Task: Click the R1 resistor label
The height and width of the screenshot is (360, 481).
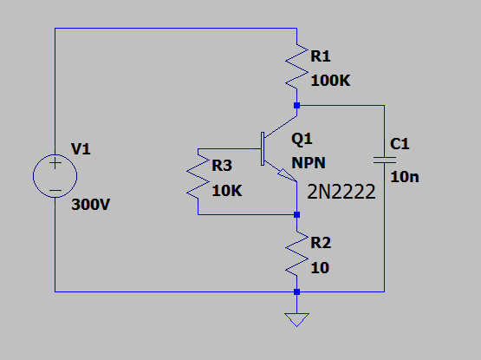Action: pyautogui.click(x=321, y=56)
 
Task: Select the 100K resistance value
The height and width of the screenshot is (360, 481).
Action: pyautogui.click(x=330, y=81)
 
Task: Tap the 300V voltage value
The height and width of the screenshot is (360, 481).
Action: pyautogui.click(x=90, y=205)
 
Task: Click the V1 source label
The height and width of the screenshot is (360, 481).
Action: pyautogui.click(x=81, y=149)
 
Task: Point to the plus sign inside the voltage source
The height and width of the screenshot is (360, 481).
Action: pyautogui.click(x=55, y=163)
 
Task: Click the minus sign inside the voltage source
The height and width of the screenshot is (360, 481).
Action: pyautogui.click(x=55, y=190)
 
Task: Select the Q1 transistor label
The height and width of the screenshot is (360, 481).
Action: pyautogui.click(x=302, y=139)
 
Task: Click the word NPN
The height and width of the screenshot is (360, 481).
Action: pyautogui.click(x=309, y=163)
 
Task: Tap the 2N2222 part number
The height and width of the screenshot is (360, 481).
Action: pyautogui.click(x=341, y=192)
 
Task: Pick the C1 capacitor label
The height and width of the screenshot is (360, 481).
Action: pyautogui.click(x=400, y=144)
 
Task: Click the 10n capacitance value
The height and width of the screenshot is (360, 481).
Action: pyautogui.click(x=405, y=177)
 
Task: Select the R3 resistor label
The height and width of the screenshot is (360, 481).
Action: pyautogui.click(x=222, y=166)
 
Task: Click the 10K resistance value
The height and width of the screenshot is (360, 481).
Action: pyautogui.click(x=227, y=191)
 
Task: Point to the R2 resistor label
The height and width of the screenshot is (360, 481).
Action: pyautogui.click(x=321, y=243)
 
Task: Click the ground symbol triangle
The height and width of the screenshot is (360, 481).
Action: pyautogui.click(x=296, y=319)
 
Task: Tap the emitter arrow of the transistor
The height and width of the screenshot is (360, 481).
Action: pyautogui.click(x=288, y=175)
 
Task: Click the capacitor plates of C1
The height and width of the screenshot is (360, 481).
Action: pyautogui.click(x=385, y=160)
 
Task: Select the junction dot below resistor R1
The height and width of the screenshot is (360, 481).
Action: pyautogui.click(x=296, y=105)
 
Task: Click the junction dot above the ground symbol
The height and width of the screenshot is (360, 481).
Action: pyautogui.click(x=296, y=291)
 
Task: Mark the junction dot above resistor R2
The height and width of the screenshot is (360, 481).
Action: pyautogui.click(x=296, y=214)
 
